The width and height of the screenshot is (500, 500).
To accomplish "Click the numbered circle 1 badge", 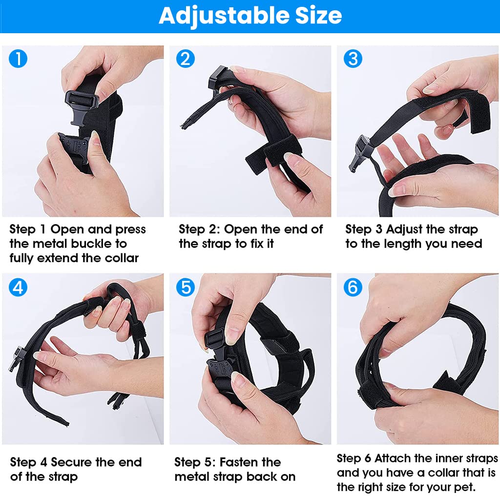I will [18, 59].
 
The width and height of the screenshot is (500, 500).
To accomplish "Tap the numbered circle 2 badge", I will [186, 59].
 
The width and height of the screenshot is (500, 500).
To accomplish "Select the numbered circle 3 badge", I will [353, 59].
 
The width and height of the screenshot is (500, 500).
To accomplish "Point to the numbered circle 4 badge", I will [18, 288].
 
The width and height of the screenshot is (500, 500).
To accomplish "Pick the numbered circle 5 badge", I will [186, 288].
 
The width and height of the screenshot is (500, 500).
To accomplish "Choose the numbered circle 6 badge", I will [353, 288].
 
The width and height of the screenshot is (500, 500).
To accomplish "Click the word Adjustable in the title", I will [220, 16].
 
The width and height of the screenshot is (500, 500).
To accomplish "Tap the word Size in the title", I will [314, 16].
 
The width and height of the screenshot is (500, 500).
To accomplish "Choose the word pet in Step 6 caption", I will [464, 487].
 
